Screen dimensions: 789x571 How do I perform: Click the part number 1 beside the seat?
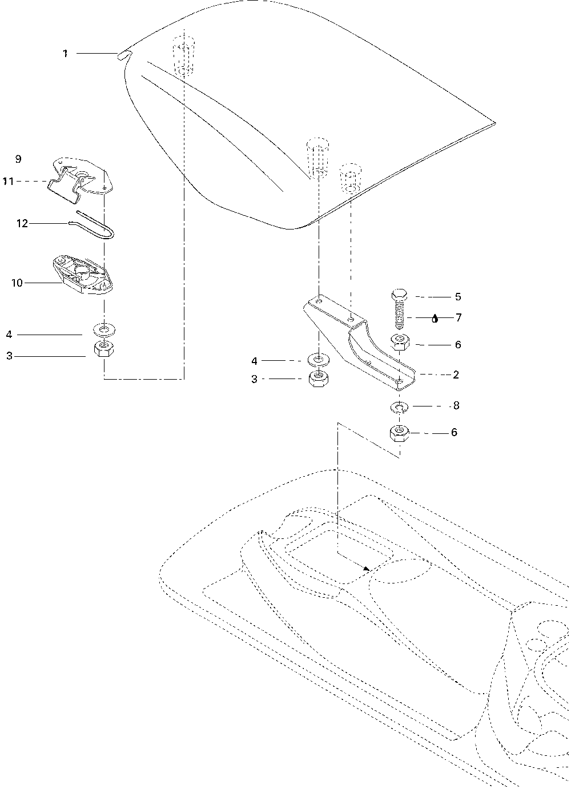(x=66, y=54)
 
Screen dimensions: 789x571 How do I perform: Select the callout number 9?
(x=18, y=159)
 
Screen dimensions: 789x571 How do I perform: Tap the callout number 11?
(x=8, y=182)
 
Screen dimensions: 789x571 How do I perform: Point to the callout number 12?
(x=22, y=224)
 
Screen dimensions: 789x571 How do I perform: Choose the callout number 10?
(x=17, y=283)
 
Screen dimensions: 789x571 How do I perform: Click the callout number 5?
(x=458, y=297)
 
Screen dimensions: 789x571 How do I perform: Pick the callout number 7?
(x=458, y=318)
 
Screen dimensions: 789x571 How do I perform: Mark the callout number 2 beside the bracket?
(x=456, y=375)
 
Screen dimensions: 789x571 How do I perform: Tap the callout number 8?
(x=456, y=406)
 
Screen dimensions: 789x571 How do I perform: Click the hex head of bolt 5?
(x=399, y=296)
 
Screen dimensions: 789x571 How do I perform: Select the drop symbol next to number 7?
(x=435, y=319)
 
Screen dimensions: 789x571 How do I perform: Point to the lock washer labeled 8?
(x=399, y=407)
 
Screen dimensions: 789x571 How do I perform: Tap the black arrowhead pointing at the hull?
(x=367, y=569)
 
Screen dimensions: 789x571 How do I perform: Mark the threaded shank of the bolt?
(x=399, y=316)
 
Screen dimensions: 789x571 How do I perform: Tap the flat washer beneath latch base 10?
(x=103, y=330)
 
